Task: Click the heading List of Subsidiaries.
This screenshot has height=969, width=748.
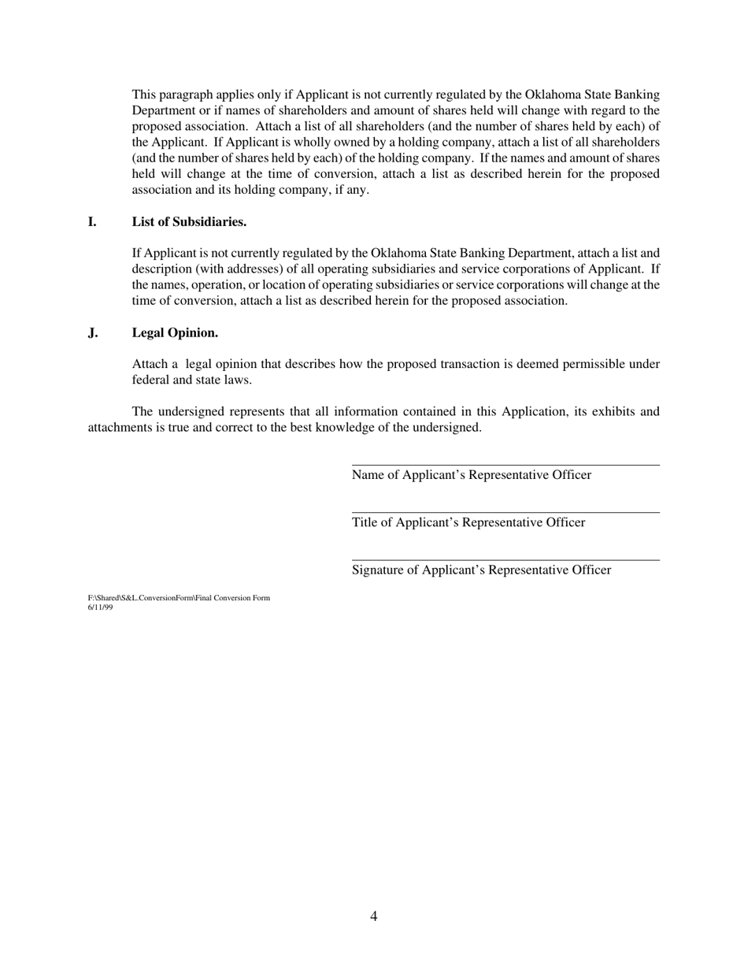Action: (x=189, y=222)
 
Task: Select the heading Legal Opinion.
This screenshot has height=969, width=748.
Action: (x=175, y=333)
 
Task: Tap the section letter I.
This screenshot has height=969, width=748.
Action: (x=92, y=222)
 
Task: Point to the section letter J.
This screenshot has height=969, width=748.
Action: (x=93, y=333)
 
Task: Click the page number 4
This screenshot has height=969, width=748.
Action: (x=373, y=916)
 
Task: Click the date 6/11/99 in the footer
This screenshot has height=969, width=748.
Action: (x=100, y=607)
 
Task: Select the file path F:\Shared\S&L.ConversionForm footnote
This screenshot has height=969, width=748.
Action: (x=179, y=598)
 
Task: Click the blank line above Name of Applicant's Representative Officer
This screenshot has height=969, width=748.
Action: (x=505, y=464)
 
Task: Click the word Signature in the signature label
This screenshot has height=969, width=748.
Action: (x=377, y=570)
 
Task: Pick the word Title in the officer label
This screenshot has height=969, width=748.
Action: (x=364, y=523)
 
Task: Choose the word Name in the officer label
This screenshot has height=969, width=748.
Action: (x=368, y=475)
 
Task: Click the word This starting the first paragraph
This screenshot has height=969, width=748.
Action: (x=145, y=95)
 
